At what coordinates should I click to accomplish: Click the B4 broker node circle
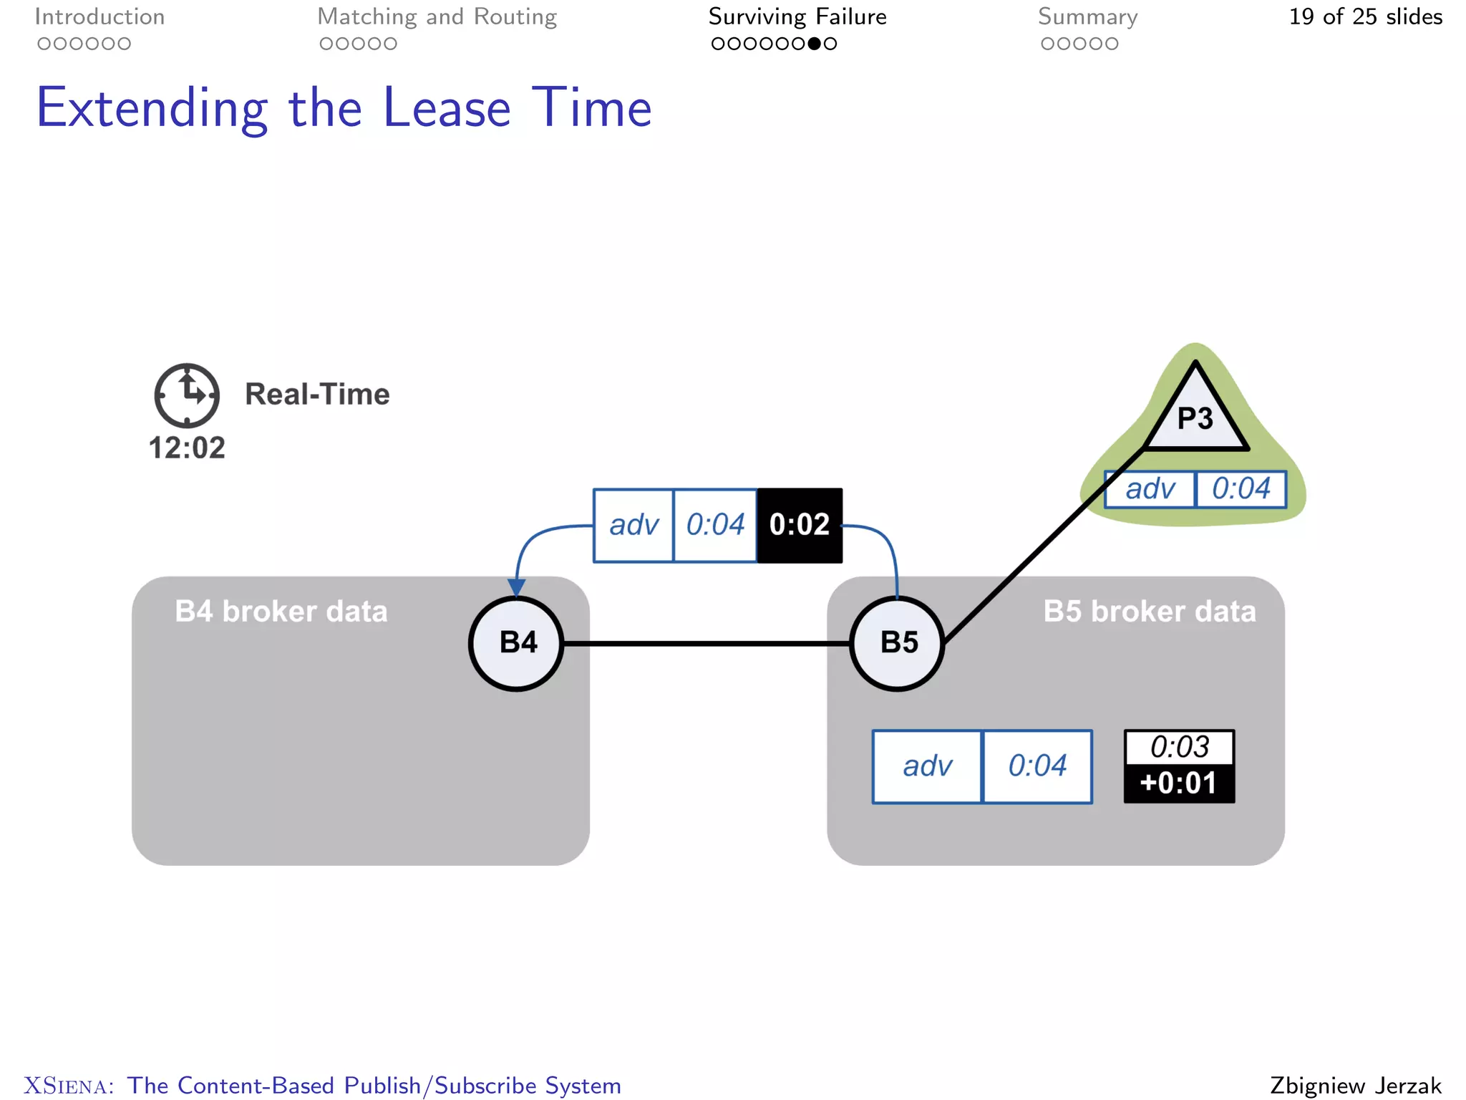pos(516,643)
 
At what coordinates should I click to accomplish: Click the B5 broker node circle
pos(897,643)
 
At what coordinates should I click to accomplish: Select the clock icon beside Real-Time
pos(187,395)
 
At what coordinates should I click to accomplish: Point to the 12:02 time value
pos(187,448)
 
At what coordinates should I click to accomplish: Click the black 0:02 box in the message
pos(800,525)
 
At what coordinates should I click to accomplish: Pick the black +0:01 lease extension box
pos(1179,783)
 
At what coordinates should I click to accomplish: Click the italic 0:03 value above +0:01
pos(1179,747)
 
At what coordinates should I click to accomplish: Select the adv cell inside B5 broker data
pos(927,766)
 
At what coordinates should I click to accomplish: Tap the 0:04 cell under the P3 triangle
pos(1241,489)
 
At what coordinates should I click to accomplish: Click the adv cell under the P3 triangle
pos(1150,489)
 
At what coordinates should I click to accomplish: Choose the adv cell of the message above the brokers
pos(634,525)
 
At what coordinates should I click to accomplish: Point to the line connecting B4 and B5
pos(707,644)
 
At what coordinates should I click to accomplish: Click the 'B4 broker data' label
pos(281,612)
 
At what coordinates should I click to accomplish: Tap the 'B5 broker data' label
pos(1150,612)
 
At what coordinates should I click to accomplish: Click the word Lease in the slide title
pos(447,108)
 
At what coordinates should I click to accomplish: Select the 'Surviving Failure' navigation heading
pos(797,16)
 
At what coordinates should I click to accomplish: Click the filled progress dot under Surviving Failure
pos(814,44)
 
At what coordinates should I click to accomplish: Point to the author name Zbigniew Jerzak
pos(1356,1085)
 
